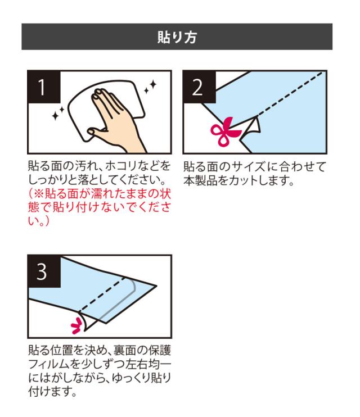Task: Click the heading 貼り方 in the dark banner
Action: (177, 37)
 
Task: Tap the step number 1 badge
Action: (44, 87)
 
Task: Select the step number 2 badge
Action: (199, 87)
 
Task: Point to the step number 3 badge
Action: (44, 271)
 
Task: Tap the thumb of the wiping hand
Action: (98, 131)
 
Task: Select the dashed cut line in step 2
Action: (290, 94)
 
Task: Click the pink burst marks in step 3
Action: (76, 325)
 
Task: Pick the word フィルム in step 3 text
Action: (49, 364)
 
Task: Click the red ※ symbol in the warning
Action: (39, 193)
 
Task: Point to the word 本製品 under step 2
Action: (200, 180)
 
